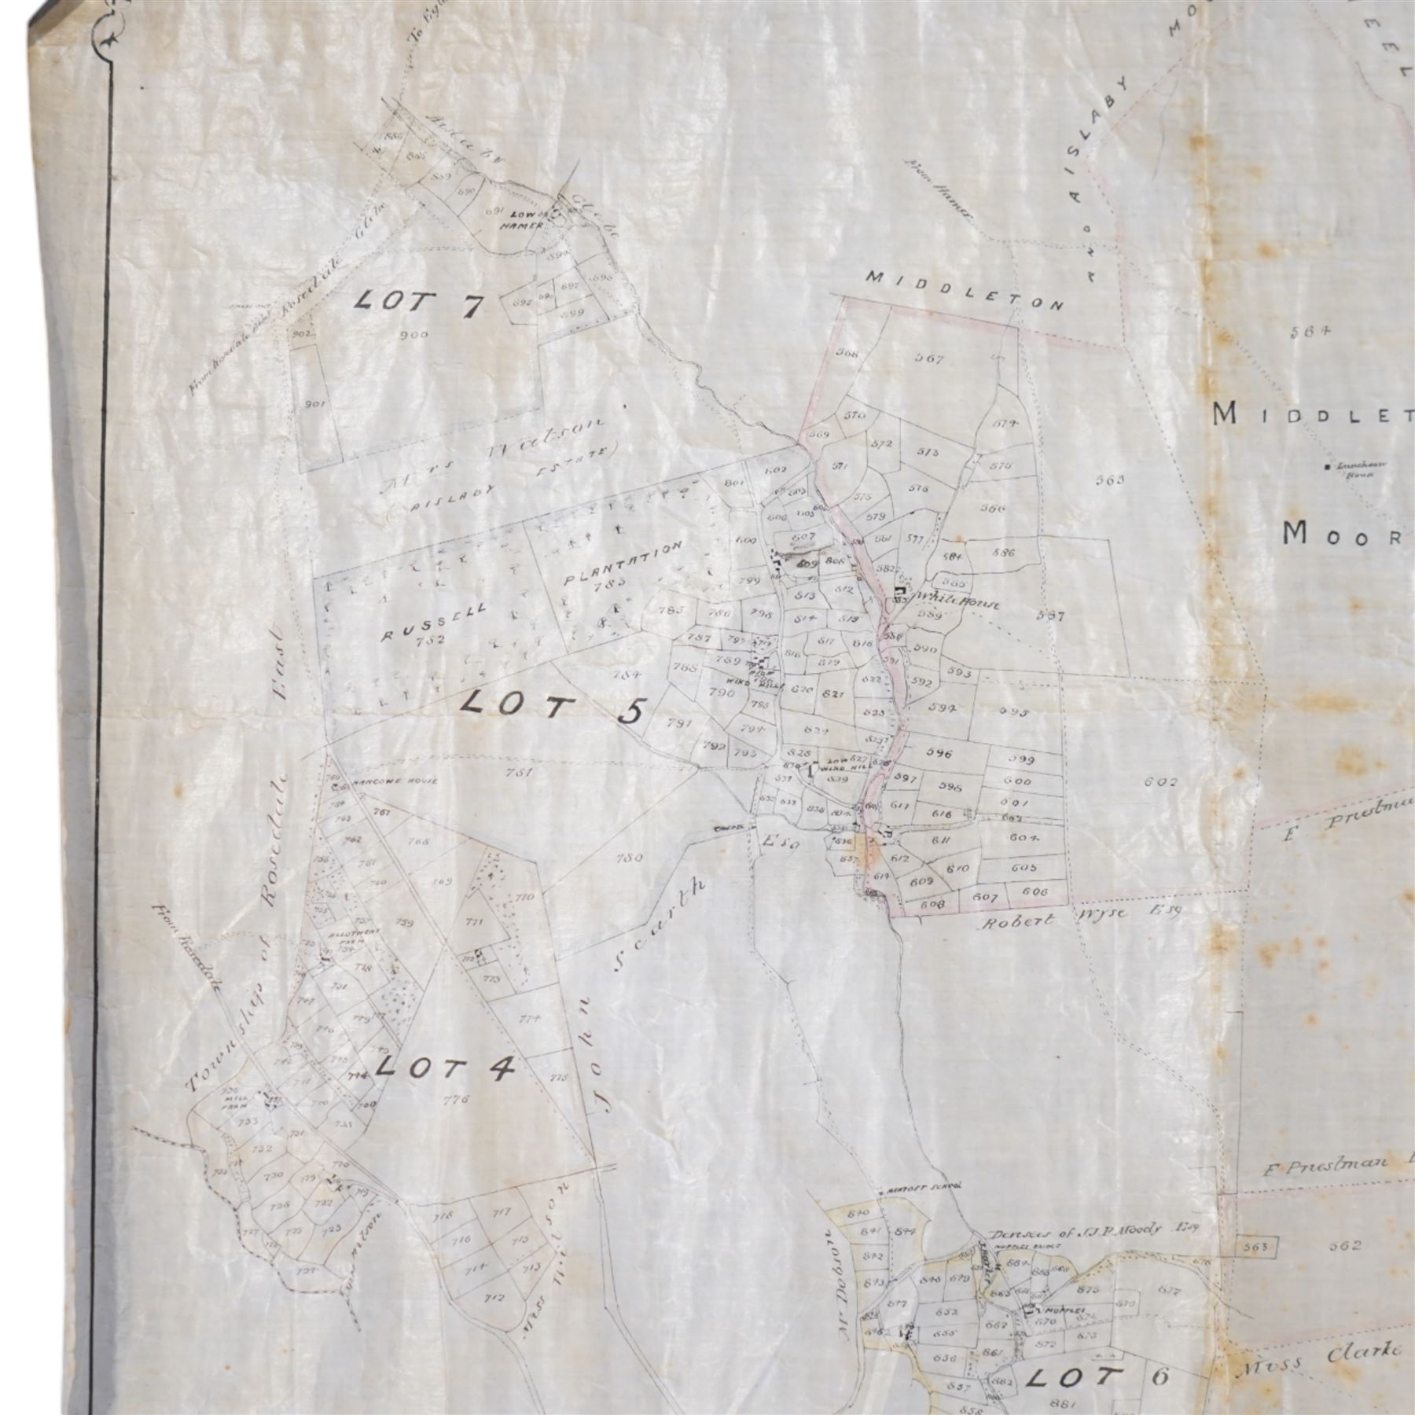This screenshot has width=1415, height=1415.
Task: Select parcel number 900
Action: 413,336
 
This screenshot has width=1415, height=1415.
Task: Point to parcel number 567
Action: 928,358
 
